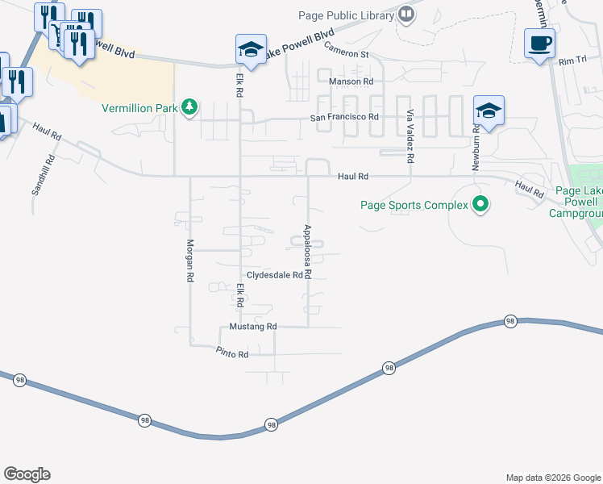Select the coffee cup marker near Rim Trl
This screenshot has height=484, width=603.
539,43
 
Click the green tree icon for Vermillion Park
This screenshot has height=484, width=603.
189,107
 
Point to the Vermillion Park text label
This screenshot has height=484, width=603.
139,108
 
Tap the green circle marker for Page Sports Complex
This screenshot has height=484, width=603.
480,205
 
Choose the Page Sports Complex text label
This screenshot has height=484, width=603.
414,205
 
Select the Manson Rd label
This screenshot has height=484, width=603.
352,81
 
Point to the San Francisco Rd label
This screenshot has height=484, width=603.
345,118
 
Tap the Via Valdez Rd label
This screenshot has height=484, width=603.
410,137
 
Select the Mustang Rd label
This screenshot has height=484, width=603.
253,327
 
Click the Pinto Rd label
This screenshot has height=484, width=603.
232,353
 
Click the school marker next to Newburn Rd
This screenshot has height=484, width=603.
489,111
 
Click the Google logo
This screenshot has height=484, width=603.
27,474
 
